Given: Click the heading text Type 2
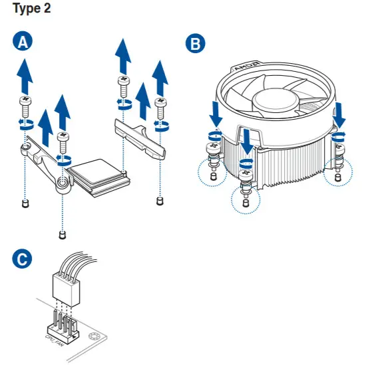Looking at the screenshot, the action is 32,8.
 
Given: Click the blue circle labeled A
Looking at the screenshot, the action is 23,41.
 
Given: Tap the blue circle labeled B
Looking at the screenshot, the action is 196,43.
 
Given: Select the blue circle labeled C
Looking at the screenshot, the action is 22,259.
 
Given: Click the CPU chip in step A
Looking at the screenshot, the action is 98,178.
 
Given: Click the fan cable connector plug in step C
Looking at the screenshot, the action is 67,289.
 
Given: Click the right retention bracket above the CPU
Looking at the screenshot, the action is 140,140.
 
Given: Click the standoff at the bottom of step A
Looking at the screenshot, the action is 62,235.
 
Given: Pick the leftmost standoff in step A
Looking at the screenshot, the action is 25,203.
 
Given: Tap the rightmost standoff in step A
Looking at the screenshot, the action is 160,201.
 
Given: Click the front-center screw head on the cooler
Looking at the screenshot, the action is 246,174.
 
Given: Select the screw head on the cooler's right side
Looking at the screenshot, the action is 339,147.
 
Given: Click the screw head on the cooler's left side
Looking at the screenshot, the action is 213,147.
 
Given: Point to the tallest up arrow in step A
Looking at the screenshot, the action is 123,57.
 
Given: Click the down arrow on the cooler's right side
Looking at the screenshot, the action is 339,115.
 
